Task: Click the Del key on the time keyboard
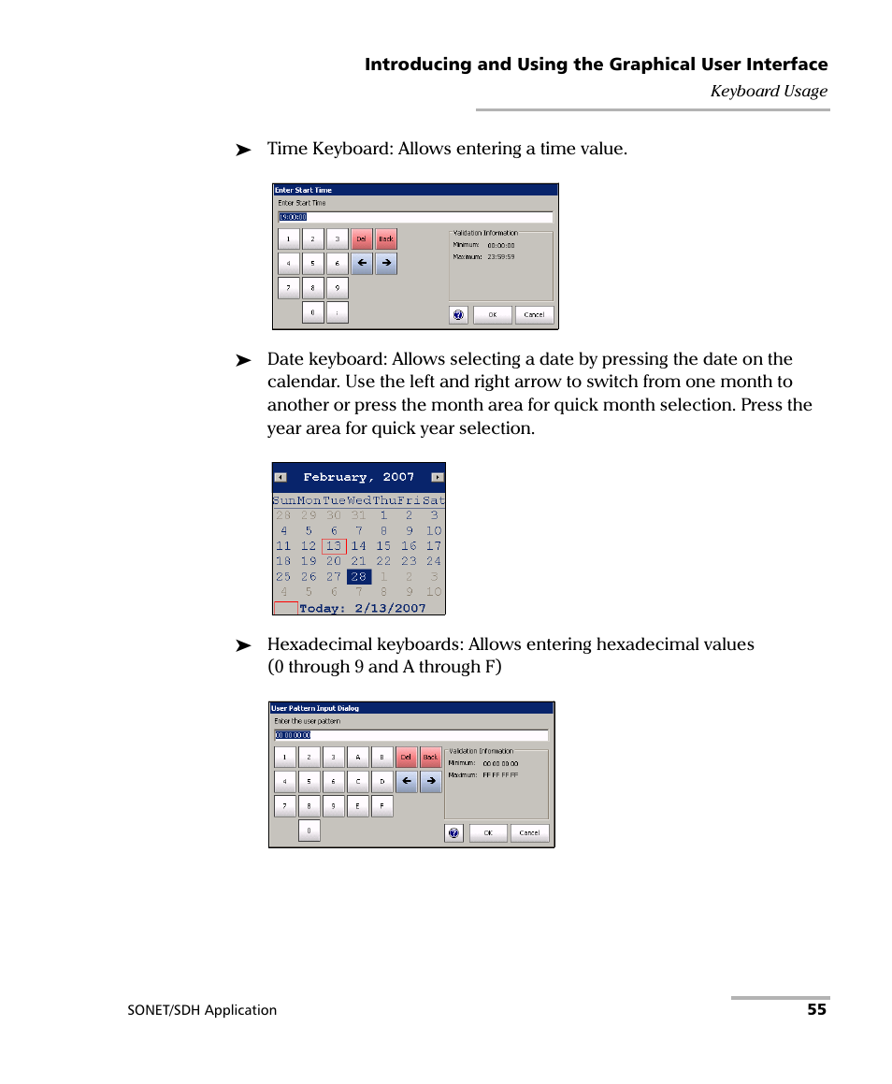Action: click(x=362, y=238)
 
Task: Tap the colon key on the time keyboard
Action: click(x=338, y=313)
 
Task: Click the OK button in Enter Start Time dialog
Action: click(x=492, y=315)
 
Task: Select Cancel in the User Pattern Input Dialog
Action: click(x=529, y=832)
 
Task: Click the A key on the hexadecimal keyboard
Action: click(x=358, y=757)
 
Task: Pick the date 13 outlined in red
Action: click(x=334, y=546)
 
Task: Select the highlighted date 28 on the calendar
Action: click(x=359, y=577)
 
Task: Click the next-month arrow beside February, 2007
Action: click(x=436, y=477)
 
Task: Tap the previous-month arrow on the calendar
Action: click(x=281, y=477)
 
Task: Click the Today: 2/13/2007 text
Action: click(x=362, y=608)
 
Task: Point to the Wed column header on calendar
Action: click(x=359, y=500)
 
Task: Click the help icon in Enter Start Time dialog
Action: click(x=458, y=315)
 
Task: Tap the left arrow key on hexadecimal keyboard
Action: click(x=406, y=781)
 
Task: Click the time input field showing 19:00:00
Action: click(x=414, y=217)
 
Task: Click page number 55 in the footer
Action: click(x=816, y=1009)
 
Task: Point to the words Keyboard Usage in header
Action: click(x=769, y=91)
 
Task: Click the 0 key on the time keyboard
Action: click(x=312, y=313)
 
